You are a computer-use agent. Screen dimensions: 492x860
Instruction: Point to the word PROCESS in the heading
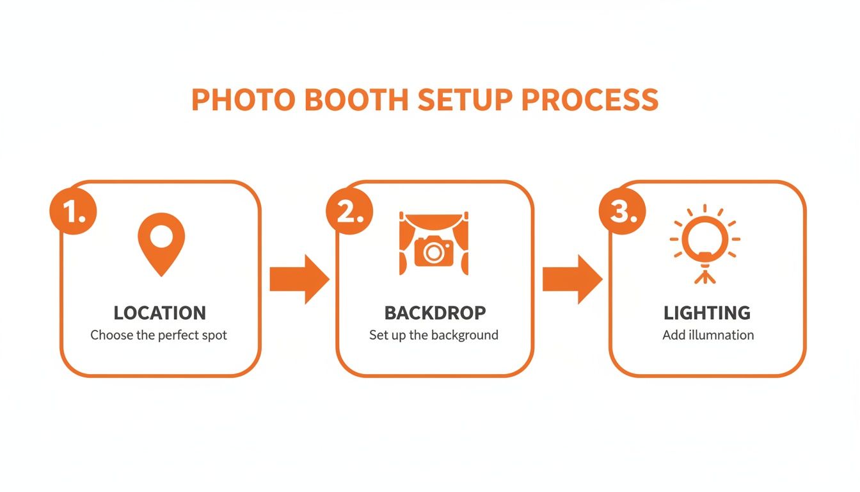point(590,100)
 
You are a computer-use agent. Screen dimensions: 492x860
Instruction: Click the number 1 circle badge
point(72,211)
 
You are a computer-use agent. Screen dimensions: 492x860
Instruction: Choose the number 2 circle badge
point(349,211)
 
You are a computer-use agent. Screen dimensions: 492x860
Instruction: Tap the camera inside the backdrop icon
point(434,251)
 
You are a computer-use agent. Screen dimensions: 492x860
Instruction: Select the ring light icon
point(705,238)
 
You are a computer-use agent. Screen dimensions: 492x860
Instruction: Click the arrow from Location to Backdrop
point(299,279)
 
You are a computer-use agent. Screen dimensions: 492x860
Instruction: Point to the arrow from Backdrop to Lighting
point(572,279)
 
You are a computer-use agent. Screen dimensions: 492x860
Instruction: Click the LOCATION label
point(160,313)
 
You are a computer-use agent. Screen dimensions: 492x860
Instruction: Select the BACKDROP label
point(435,313)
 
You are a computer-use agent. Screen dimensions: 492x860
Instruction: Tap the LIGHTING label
point(707,313)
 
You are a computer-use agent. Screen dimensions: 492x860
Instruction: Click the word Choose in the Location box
point(107,335)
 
